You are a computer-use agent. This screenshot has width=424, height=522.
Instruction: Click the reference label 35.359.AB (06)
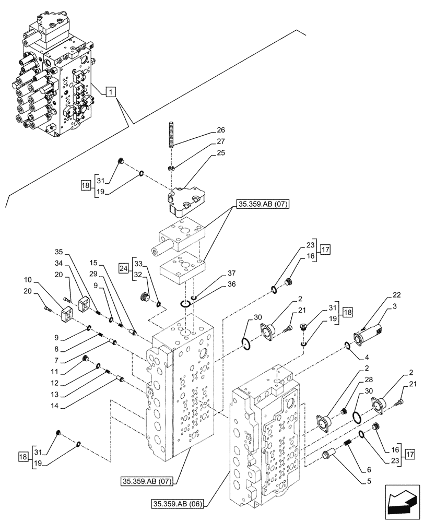pyautogui.click(x=179, y=504)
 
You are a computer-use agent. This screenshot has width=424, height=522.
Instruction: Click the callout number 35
pyautogui.click(x=58, y=251)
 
